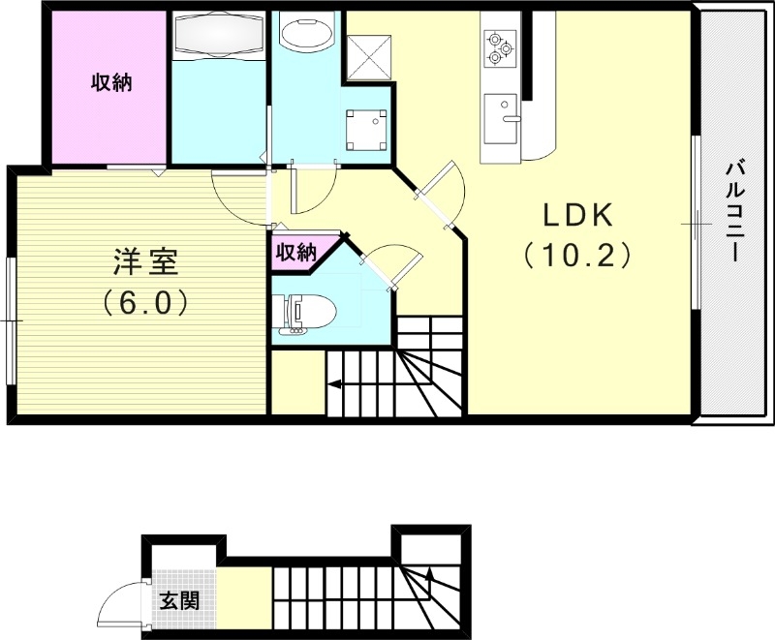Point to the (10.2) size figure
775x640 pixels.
(x=577, y=255)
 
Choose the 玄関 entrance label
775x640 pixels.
(x=179, y=600)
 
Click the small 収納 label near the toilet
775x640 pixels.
(x=296, y=253)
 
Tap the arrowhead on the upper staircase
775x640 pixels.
(x=333, y=384)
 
